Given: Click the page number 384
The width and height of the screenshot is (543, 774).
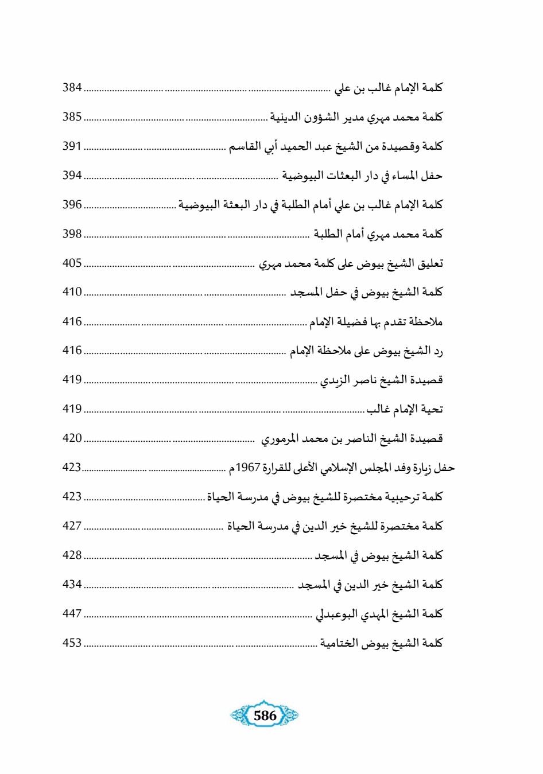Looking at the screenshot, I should pos(72,88).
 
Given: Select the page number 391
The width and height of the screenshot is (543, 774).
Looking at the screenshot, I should pos(72,146).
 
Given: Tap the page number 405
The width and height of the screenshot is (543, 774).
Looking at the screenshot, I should pos(72,263).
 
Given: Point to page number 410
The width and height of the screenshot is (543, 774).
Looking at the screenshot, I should pos(72,292).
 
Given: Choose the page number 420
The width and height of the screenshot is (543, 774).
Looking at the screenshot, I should pos(72,438).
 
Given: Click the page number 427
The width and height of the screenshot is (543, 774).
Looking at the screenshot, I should pos(72,526).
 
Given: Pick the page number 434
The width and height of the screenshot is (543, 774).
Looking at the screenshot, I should pos(72,585).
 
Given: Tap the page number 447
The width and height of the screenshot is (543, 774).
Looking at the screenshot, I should pos(72,614).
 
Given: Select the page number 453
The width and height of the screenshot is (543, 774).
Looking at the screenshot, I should pos(72,643).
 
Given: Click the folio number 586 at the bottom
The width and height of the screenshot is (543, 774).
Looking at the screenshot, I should pos(265,715).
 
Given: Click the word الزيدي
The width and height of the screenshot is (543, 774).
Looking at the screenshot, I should pos(335,380).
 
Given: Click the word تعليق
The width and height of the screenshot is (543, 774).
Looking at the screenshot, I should pos(430,263).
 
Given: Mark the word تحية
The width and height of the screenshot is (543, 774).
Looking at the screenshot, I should pos(432,409).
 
